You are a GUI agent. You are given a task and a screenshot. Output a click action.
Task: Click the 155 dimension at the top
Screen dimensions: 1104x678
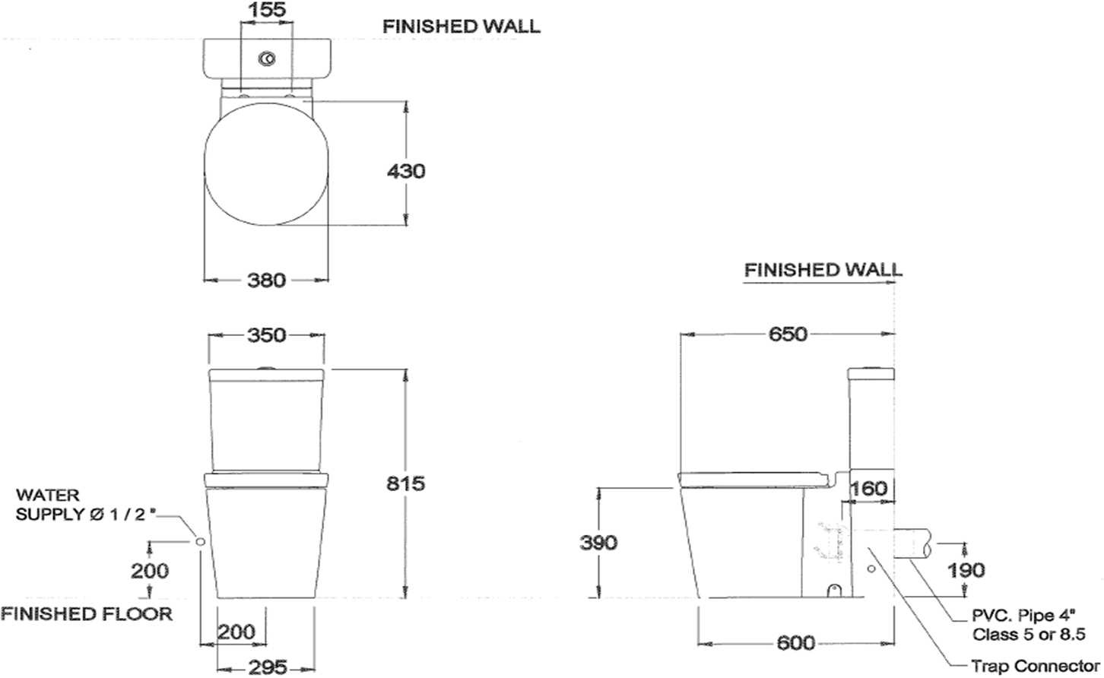pos(266,9)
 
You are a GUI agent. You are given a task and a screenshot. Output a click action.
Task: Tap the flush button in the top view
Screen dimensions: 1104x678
pos(267,59)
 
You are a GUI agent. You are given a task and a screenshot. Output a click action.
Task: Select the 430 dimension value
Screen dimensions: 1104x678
pos(405,172)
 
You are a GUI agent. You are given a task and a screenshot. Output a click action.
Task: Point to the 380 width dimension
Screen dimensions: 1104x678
pos(266,280)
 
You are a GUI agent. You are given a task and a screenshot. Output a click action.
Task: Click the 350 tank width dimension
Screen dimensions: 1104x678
pos(266,335)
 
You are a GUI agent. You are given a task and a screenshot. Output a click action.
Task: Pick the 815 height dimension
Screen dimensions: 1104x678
pos(405,483)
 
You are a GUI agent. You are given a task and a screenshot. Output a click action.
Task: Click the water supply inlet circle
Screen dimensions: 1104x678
pos(200,542)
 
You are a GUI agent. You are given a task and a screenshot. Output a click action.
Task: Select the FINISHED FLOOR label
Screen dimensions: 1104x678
pos(87,614)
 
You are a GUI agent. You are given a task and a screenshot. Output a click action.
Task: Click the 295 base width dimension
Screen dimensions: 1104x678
pos(268,667)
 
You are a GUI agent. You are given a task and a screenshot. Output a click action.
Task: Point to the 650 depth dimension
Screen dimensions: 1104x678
pos(788,334)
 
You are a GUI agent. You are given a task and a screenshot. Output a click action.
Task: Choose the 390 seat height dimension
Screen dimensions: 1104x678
pos(598,543)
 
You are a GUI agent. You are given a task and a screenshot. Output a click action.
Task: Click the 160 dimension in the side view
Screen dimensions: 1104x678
pos(869,488)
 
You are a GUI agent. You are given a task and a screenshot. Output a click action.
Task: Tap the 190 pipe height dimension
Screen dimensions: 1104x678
pos(966,570)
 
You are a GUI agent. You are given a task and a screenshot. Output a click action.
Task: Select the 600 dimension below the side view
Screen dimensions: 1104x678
pos(796,643)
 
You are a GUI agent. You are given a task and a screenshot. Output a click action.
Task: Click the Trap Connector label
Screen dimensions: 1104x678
pos(1036,666)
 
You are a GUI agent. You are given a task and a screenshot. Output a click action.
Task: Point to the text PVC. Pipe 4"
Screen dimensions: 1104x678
pos(1023,616)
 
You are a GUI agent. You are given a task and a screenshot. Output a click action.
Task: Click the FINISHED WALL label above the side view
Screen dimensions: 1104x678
pos(823,270)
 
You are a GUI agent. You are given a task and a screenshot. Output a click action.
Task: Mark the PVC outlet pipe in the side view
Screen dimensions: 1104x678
pos(912,544)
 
